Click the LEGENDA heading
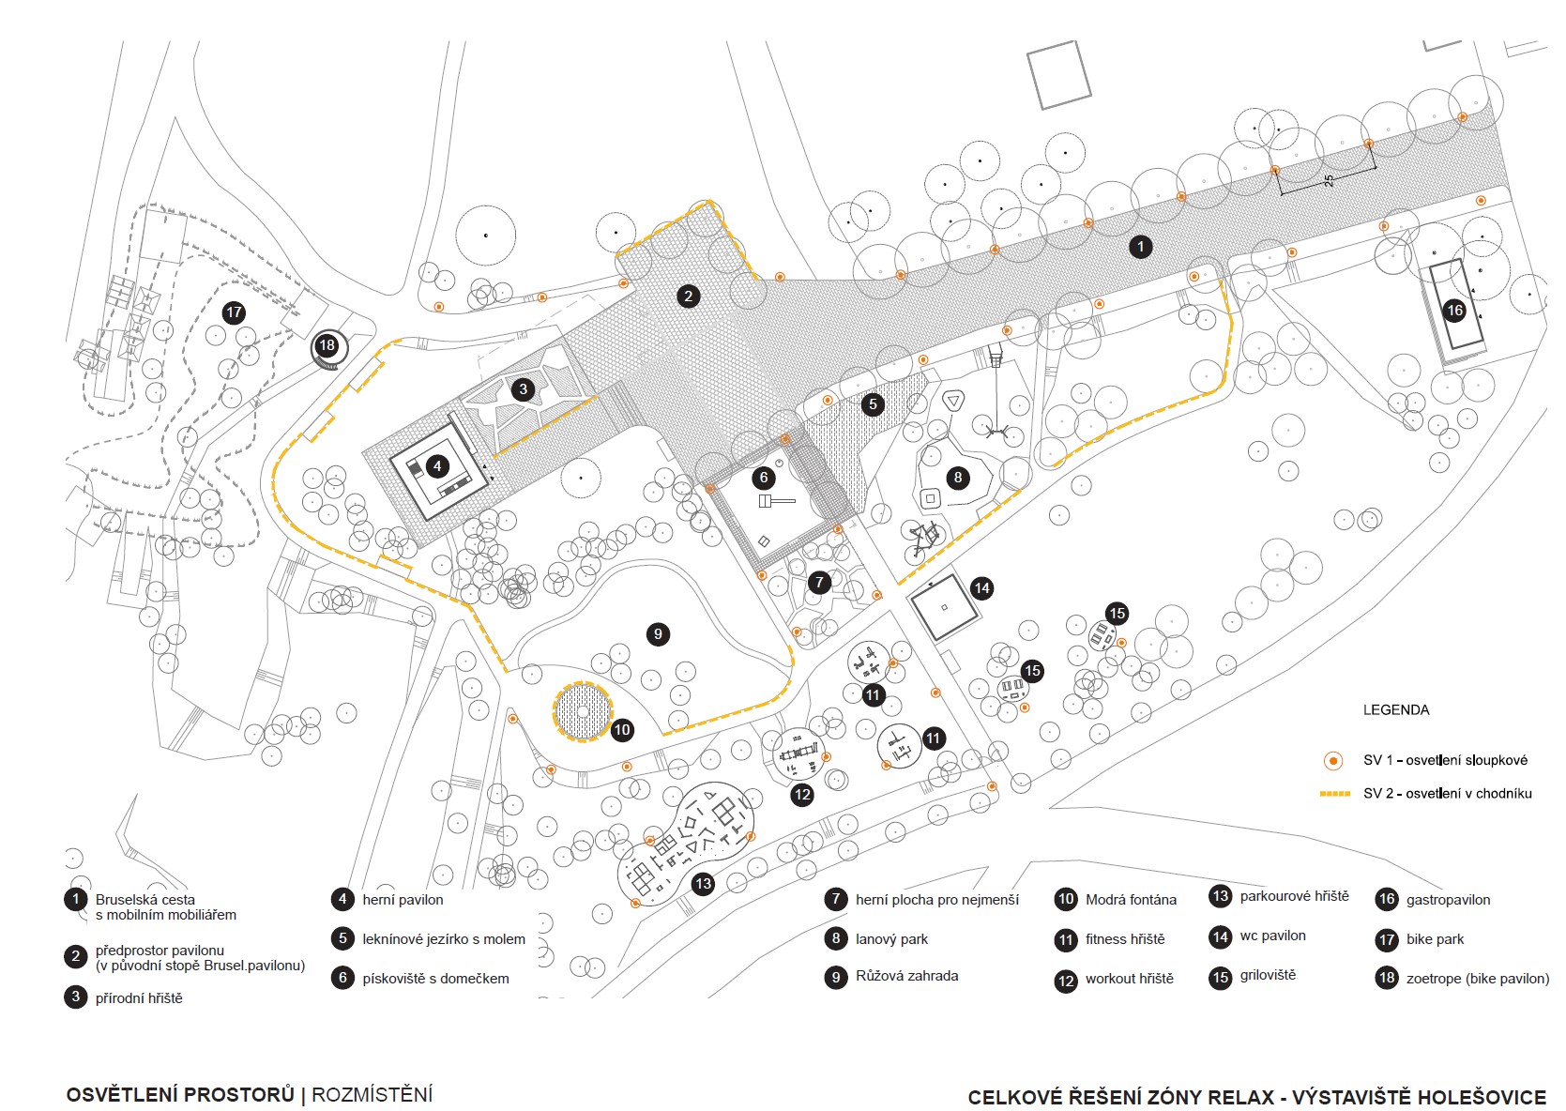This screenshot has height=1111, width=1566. (x=1395, y=710)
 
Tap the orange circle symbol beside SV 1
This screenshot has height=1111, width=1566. (x=1332, y=761)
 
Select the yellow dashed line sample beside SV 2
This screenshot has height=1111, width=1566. (x=1334, y=794)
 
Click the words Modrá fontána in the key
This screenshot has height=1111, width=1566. (x=1130, y=900)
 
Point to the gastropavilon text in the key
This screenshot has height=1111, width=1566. (x=1448, y=900)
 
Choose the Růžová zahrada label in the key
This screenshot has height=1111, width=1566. (x=906, y=976)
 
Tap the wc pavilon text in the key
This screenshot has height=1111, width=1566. (x=1272, y=936)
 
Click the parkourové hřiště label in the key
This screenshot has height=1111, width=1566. (x=1294, y=896)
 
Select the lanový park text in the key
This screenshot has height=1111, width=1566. (x=891, y=939)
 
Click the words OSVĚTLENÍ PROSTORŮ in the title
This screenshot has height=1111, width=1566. (x=180, y=1095)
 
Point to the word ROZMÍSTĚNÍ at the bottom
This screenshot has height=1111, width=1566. (x=372, y=1095)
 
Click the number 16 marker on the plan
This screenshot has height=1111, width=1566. (x=1454, y=311)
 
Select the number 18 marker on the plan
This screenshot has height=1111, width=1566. (x=327, y=345)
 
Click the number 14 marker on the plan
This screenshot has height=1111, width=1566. (x=981, y=588)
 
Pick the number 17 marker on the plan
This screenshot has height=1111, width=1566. (x=234, y=312)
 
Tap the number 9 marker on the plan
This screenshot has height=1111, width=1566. (x=658, y=634)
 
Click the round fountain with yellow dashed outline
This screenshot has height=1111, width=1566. (x=583, y=711)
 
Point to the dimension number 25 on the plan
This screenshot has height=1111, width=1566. (x=1329, y=180)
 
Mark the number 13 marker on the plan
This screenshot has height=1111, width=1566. (x=703, y=883)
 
